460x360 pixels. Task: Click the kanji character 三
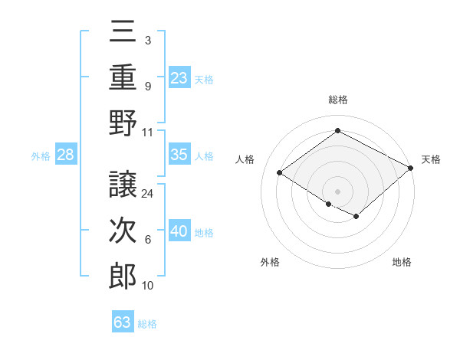[x=123, y=33]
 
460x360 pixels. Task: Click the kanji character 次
[x=123, y=231]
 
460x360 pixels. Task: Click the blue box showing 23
[x=179, y=77]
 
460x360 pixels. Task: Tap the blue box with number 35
[x=179, y=155]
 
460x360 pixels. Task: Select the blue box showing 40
[x=179, y=231]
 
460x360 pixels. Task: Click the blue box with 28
[x=65, y=155]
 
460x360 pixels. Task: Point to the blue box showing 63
[x=123, y=322]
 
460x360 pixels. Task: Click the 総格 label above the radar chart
[x=337, y=100]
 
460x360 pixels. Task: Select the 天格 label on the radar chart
[x=431, y=159]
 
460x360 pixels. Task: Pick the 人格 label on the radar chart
[x=245, y=159]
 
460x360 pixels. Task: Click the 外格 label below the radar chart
[x=269, y=262]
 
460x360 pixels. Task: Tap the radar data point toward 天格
[x=412, y=168]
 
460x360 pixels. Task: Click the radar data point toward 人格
[x=280, y=173]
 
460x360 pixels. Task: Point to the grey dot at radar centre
[x=337, y=191]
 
